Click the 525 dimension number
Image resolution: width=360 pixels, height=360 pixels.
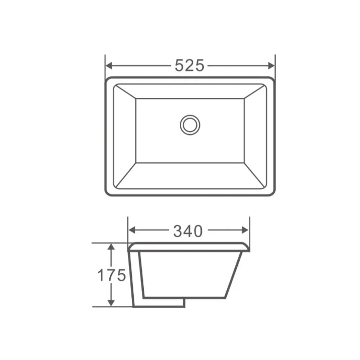189,65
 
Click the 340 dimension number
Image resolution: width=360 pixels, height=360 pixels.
188,232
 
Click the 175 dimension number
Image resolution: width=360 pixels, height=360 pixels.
111,275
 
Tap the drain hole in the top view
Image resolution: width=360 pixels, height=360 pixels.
190,125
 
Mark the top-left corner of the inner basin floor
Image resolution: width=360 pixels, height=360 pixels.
136,99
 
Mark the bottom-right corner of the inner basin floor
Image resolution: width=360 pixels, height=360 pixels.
244,163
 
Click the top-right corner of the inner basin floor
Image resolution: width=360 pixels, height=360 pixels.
244,99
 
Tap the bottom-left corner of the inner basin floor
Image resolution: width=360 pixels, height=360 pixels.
136,163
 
